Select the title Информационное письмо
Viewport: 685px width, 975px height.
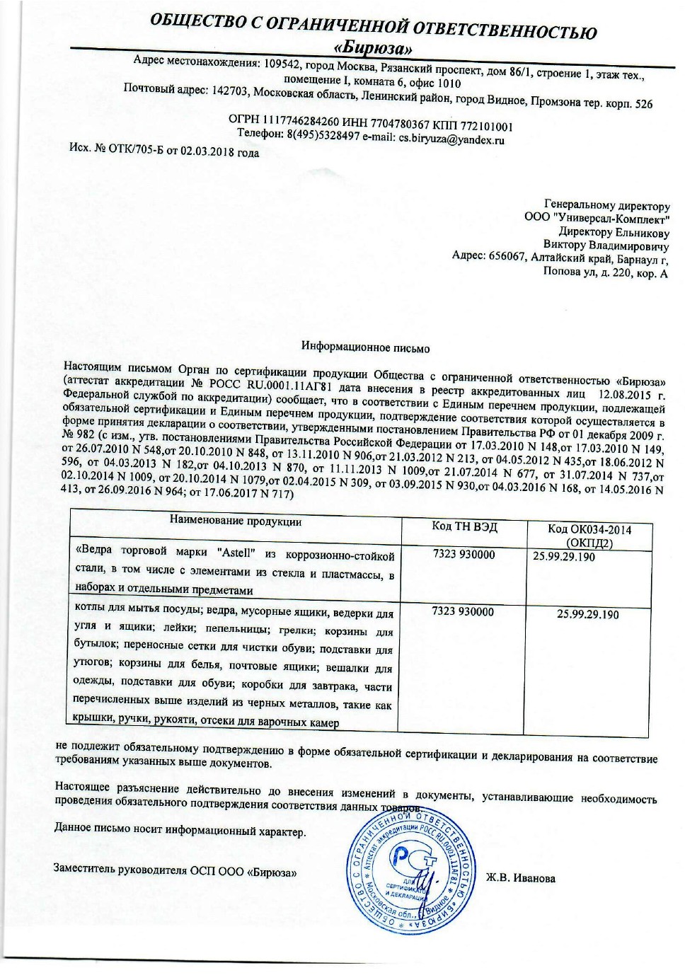[365, 347]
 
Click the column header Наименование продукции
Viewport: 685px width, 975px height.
[236, 521]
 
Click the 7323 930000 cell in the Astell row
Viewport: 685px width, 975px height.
[464, 555]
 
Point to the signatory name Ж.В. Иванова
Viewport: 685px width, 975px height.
[520, 878]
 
